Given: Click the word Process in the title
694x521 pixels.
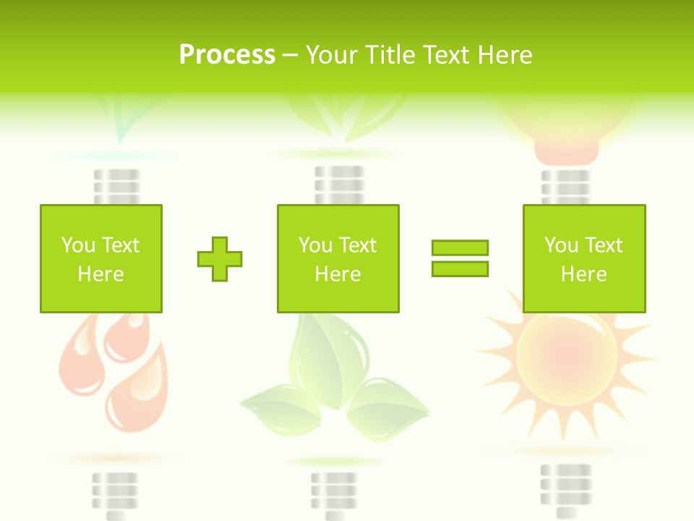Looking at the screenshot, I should [x=227, y=55].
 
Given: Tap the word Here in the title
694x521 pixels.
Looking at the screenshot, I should [x=504, y=55].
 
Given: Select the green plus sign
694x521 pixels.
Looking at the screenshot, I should [x=220, y=258].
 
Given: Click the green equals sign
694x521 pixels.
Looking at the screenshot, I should [x=460, y=258].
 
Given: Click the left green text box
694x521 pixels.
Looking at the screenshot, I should [x=100, y=258].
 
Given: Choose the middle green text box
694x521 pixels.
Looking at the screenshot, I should [x=338, y=258].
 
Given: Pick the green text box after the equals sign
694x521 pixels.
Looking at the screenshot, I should [x=583, y=258].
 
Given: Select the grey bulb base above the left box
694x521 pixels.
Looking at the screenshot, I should [x=116, y=187].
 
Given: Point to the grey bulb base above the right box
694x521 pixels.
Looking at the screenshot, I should [x=565, y=187].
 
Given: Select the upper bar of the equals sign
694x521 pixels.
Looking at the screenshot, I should [x=460, y=247].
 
